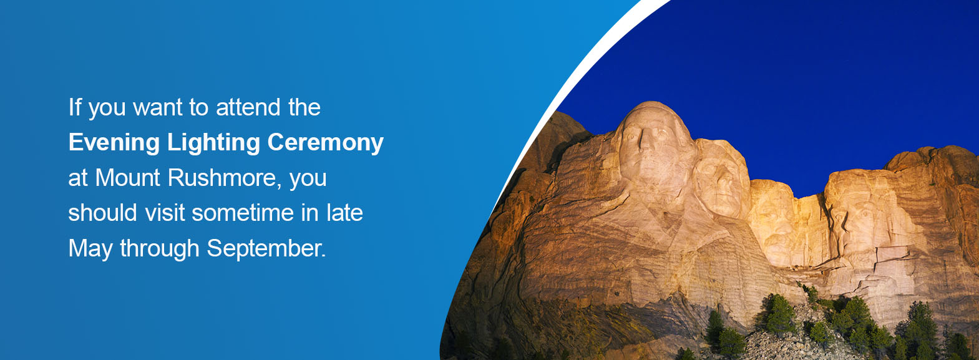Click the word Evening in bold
coord(114,143)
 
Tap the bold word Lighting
coord(213,143)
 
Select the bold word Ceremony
coord(325,143)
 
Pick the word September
coord(266,248)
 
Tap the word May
coord(90,248)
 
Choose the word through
coord(159,248)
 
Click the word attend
coord(248,108)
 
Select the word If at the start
coord(75,108)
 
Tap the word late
coord(344,213)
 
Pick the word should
coord(102,213)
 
